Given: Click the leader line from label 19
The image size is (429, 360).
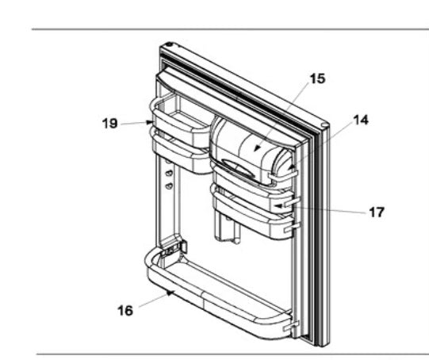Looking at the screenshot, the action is [135, 123].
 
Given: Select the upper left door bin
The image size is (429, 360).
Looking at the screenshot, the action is [178, 119].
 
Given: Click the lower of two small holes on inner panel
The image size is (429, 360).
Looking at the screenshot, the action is [168, 186].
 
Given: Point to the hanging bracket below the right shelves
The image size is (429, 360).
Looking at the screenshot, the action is [228, 230].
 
